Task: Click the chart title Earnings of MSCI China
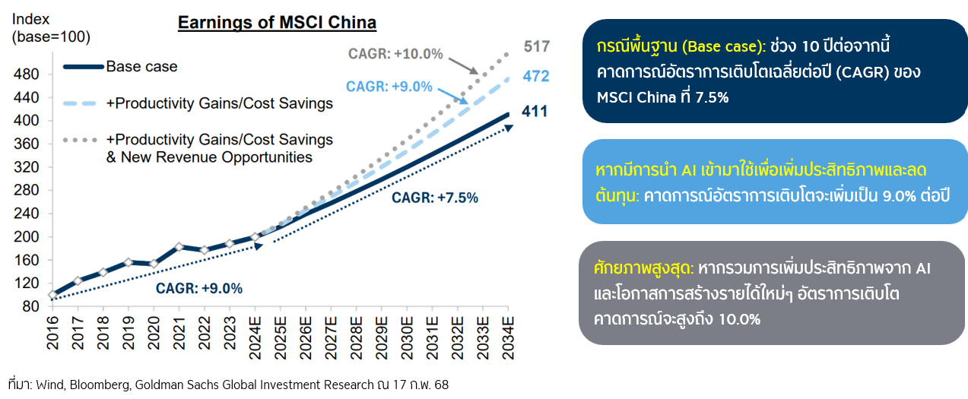pyautogui.click(x=277, y=23)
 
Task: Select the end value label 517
pyautogui.click(x=536, y=47)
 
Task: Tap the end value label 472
pyautogui.click(x=536, y=77)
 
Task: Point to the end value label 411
pyautogui.click(x=535, y=112)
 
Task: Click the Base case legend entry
pyautogui.click(x=141, y=67)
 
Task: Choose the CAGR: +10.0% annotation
pyautogui.click(x=395, y=54)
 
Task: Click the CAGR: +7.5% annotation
pyautogui.click(x=435, y=198)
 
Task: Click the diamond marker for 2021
pyautogui.click(x=179, y=247)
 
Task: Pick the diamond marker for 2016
pyautogui.click(x=52, y=295)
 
